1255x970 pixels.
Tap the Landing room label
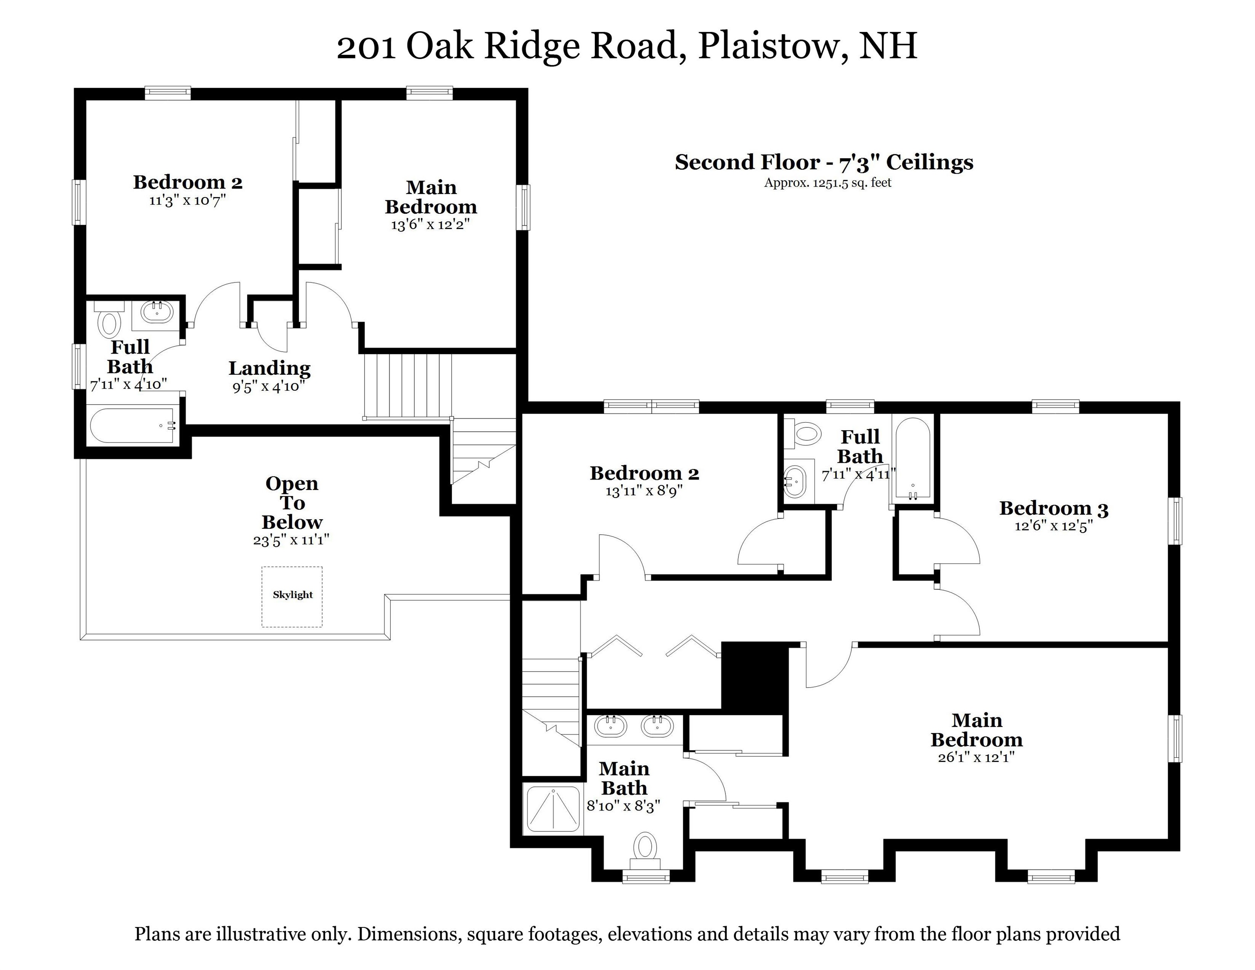click(x=269, y=368)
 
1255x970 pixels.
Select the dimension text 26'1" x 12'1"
click(x=976, y=757)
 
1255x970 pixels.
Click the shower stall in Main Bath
click(x=553, y=809)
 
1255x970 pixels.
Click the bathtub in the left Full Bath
click(x=133, y=425)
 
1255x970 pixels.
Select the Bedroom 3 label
click(x=1053, y=508)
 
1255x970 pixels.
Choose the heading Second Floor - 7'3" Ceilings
click(x=823, y=162)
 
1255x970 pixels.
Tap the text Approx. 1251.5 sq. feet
click(x=827, y=183)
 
